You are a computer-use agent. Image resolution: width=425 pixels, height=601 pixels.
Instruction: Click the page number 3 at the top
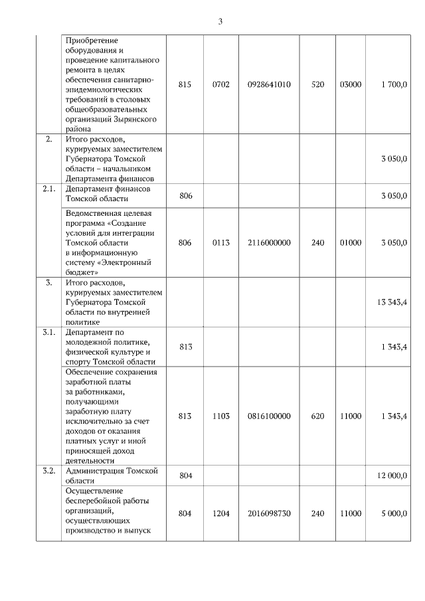pyautogui.click(x=220, y=21)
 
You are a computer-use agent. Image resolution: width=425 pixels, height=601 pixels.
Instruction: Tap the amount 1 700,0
pyautogui.click(x=394, y=84)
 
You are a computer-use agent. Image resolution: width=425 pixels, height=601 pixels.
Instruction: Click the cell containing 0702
pyautogui.click(x=220, y=84)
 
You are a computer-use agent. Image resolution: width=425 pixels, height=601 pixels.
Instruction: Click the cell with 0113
pyautogui.click(x=220, y=243)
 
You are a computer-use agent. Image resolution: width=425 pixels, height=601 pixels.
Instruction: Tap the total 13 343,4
pyautogui.click(x=392, y=303)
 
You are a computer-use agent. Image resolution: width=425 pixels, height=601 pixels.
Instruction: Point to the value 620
pyautogui.click(x=317, y=416)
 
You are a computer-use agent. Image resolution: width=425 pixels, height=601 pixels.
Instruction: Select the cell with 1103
pyautogui.click(x=220, y=416)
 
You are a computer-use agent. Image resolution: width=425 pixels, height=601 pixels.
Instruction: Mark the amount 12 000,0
pyautogui.click(x=392, y=475)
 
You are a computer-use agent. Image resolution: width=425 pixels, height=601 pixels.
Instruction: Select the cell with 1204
pyautogui.click(x=220, y=513)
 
